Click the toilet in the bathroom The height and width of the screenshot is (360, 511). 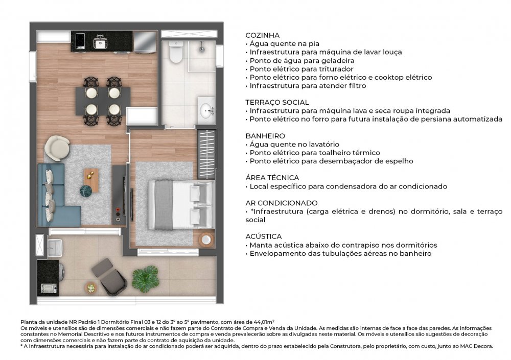(176, 52)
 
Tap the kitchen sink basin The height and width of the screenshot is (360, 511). (100, 43)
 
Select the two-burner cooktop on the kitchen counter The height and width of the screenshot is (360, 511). (80, 41)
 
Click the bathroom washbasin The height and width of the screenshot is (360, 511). (206, 109)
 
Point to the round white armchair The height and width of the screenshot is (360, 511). (57, 148)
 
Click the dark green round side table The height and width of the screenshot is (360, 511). (86, 191)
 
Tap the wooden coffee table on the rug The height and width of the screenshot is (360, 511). (91, 180)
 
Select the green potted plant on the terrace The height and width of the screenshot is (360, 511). (146, 278)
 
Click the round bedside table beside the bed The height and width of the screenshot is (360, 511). (206, 240)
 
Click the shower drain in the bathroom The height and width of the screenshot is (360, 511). (202, 49)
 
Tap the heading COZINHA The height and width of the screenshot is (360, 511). (262, 35)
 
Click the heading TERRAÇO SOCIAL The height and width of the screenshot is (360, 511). (277, 102)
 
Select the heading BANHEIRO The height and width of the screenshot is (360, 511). (265, 136)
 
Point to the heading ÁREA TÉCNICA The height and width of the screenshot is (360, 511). (272, 178)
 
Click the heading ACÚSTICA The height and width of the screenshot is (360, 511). (263, 236)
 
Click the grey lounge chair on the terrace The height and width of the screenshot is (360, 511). (109, 276)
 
